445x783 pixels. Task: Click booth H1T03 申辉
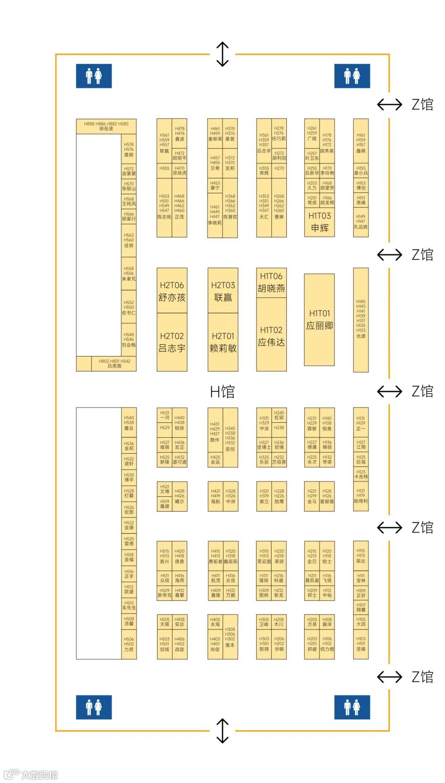319,222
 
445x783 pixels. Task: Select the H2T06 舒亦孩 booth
172,291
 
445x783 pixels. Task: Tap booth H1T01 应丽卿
319,320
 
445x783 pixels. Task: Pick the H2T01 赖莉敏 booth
223,342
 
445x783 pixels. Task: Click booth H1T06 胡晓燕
271,282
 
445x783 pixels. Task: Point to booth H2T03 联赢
223,291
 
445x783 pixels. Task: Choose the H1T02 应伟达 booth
271,336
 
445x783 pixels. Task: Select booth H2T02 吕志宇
172,342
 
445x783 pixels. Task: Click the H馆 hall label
222,391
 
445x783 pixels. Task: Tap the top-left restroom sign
94,76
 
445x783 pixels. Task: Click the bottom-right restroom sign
352,707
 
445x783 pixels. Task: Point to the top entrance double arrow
222,54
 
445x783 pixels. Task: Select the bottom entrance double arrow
222,731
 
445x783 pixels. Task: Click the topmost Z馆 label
422,105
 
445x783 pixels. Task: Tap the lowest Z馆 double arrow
389,677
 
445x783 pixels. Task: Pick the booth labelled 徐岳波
106,126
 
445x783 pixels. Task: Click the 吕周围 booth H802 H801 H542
114,364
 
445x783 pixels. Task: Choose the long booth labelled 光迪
361,320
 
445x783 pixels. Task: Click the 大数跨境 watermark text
39,774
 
